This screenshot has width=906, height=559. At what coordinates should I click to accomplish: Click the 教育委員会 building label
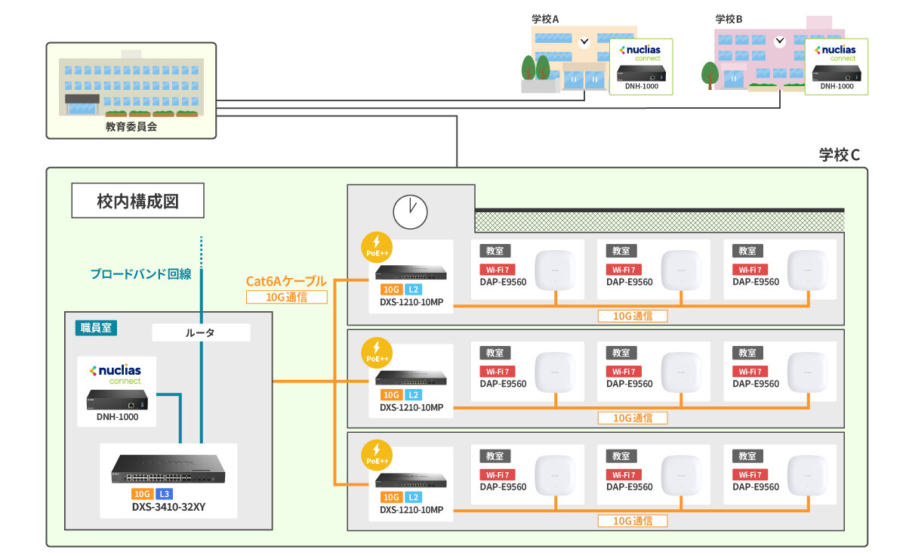131,127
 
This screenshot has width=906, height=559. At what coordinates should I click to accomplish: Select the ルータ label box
200,332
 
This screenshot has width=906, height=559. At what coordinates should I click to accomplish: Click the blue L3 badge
165,493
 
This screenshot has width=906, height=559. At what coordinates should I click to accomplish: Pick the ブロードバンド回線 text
140,274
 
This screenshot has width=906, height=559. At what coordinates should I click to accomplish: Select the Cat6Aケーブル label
286,281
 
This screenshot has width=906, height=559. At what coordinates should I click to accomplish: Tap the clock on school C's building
410,212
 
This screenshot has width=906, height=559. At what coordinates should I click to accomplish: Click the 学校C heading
840,155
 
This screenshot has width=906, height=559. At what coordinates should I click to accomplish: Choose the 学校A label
545,19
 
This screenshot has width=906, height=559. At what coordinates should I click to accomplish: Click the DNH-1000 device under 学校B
836,74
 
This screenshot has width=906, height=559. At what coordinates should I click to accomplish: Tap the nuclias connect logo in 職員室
116,373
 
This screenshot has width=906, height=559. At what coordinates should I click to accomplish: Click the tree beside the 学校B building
710,76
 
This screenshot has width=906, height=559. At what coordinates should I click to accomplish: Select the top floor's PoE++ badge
377,247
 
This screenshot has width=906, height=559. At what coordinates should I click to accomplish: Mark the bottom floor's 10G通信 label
632,520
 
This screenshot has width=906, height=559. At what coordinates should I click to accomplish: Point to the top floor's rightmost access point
809,270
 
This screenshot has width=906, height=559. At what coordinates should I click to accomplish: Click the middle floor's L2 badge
413,395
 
